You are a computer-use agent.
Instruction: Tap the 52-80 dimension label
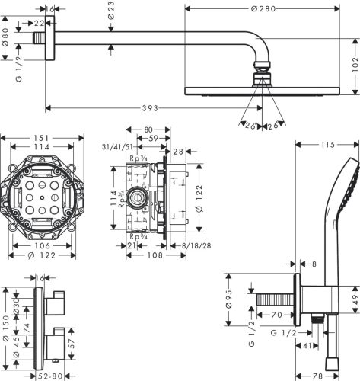coord(52,376)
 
